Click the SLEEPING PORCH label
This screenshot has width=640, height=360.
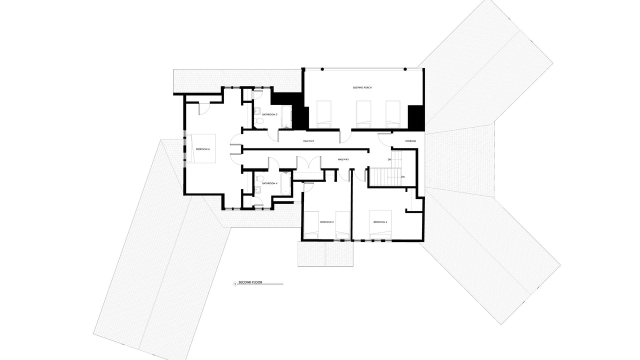(x=362, y=87)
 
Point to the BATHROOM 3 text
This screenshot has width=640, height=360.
(x=269, y=114)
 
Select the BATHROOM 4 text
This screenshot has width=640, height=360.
(x=269, y=183)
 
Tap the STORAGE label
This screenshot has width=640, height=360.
(x=410, y=141)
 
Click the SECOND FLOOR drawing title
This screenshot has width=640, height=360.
(x=250, y=282)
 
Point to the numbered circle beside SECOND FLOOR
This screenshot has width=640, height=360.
(x=235, y=284)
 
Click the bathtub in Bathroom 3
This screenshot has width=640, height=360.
(x=286, y=116)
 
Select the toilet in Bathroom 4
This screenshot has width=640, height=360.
(x=259, y=178)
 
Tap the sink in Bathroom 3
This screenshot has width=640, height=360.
(x=257, y=111)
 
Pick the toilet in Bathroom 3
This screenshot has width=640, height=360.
(x=259, y=121)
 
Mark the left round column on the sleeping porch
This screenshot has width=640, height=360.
(x=322, y=69)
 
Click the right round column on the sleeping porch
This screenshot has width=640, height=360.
(x=405, y=69)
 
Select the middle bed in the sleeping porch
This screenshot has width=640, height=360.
(x=363, y=114)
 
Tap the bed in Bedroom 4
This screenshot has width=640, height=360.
(x=380, y=224)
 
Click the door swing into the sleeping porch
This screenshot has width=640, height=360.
(x=345, y=137)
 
